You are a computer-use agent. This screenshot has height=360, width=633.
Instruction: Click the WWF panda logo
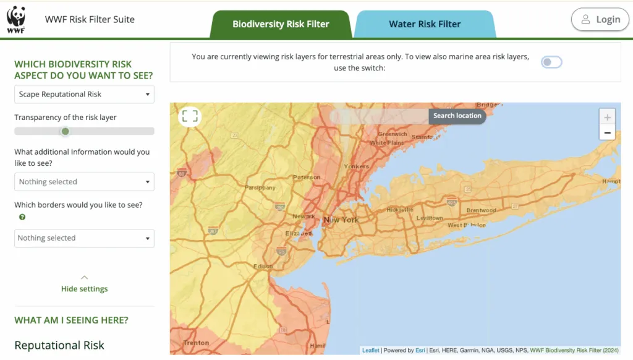click(16, 20)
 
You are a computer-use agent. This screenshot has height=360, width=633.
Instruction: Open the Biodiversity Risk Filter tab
click(281, 25)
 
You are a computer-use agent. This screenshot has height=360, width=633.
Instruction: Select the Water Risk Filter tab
click(425, 25)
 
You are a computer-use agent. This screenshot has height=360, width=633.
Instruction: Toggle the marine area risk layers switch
click(551, 62)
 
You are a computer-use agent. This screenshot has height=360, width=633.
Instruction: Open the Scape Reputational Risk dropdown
click(84, 95)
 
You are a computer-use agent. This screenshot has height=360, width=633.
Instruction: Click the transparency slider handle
click(65, 131)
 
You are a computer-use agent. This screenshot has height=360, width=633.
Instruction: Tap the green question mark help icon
click(22, 217)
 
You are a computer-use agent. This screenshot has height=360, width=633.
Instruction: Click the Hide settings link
click(84, 289)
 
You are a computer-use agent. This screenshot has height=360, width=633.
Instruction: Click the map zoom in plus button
click(607, 117)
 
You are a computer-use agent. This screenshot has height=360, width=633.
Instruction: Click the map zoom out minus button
click(607, 132)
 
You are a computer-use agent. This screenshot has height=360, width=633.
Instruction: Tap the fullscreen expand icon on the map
click(190, 116)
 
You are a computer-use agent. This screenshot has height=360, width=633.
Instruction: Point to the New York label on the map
click(341, 220)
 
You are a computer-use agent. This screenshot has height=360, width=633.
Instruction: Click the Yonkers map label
click(356, 166)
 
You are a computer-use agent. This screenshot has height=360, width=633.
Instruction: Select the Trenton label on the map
click(196, 343)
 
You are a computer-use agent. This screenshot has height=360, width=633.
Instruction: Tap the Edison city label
click(263, 267)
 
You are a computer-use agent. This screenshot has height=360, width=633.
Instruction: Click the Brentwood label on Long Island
click(481, 210)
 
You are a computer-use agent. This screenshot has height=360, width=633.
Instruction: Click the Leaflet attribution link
click(371, 351)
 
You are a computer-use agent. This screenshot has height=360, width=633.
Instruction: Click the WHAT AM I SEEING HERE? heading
click(71, 320)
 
